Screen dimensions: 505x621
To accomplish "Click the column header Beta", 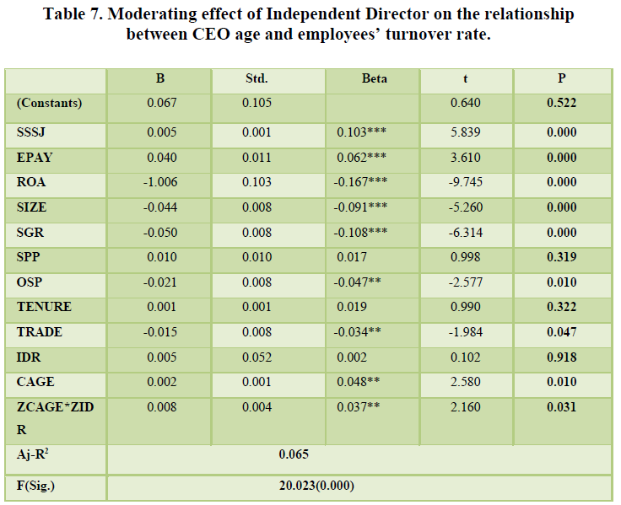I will [x=374, y=78].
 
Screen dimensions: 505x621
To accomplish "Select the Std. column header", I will [x=256, y=78].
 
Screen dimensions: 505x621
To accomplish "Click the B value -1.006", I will [x=160, y=181].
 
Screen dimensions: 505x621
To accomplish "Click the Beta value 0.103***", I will [x=361, y=132].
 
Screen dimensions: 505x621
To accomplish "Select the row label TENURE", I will [x=44, y=306].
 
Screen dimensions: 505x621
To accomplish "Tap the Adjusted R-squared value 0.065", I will [x=294, y=454].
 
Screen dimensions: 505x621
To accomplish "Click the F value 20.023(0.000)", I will [x=316, y=486].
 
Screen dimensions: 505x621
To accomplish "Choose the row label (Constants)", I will [x=49, y=103].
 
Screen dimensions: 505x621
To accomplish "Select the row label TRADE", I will [x=39, y=331].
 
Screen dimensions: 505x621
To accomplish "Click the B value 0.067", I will [x=160, y=103].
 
